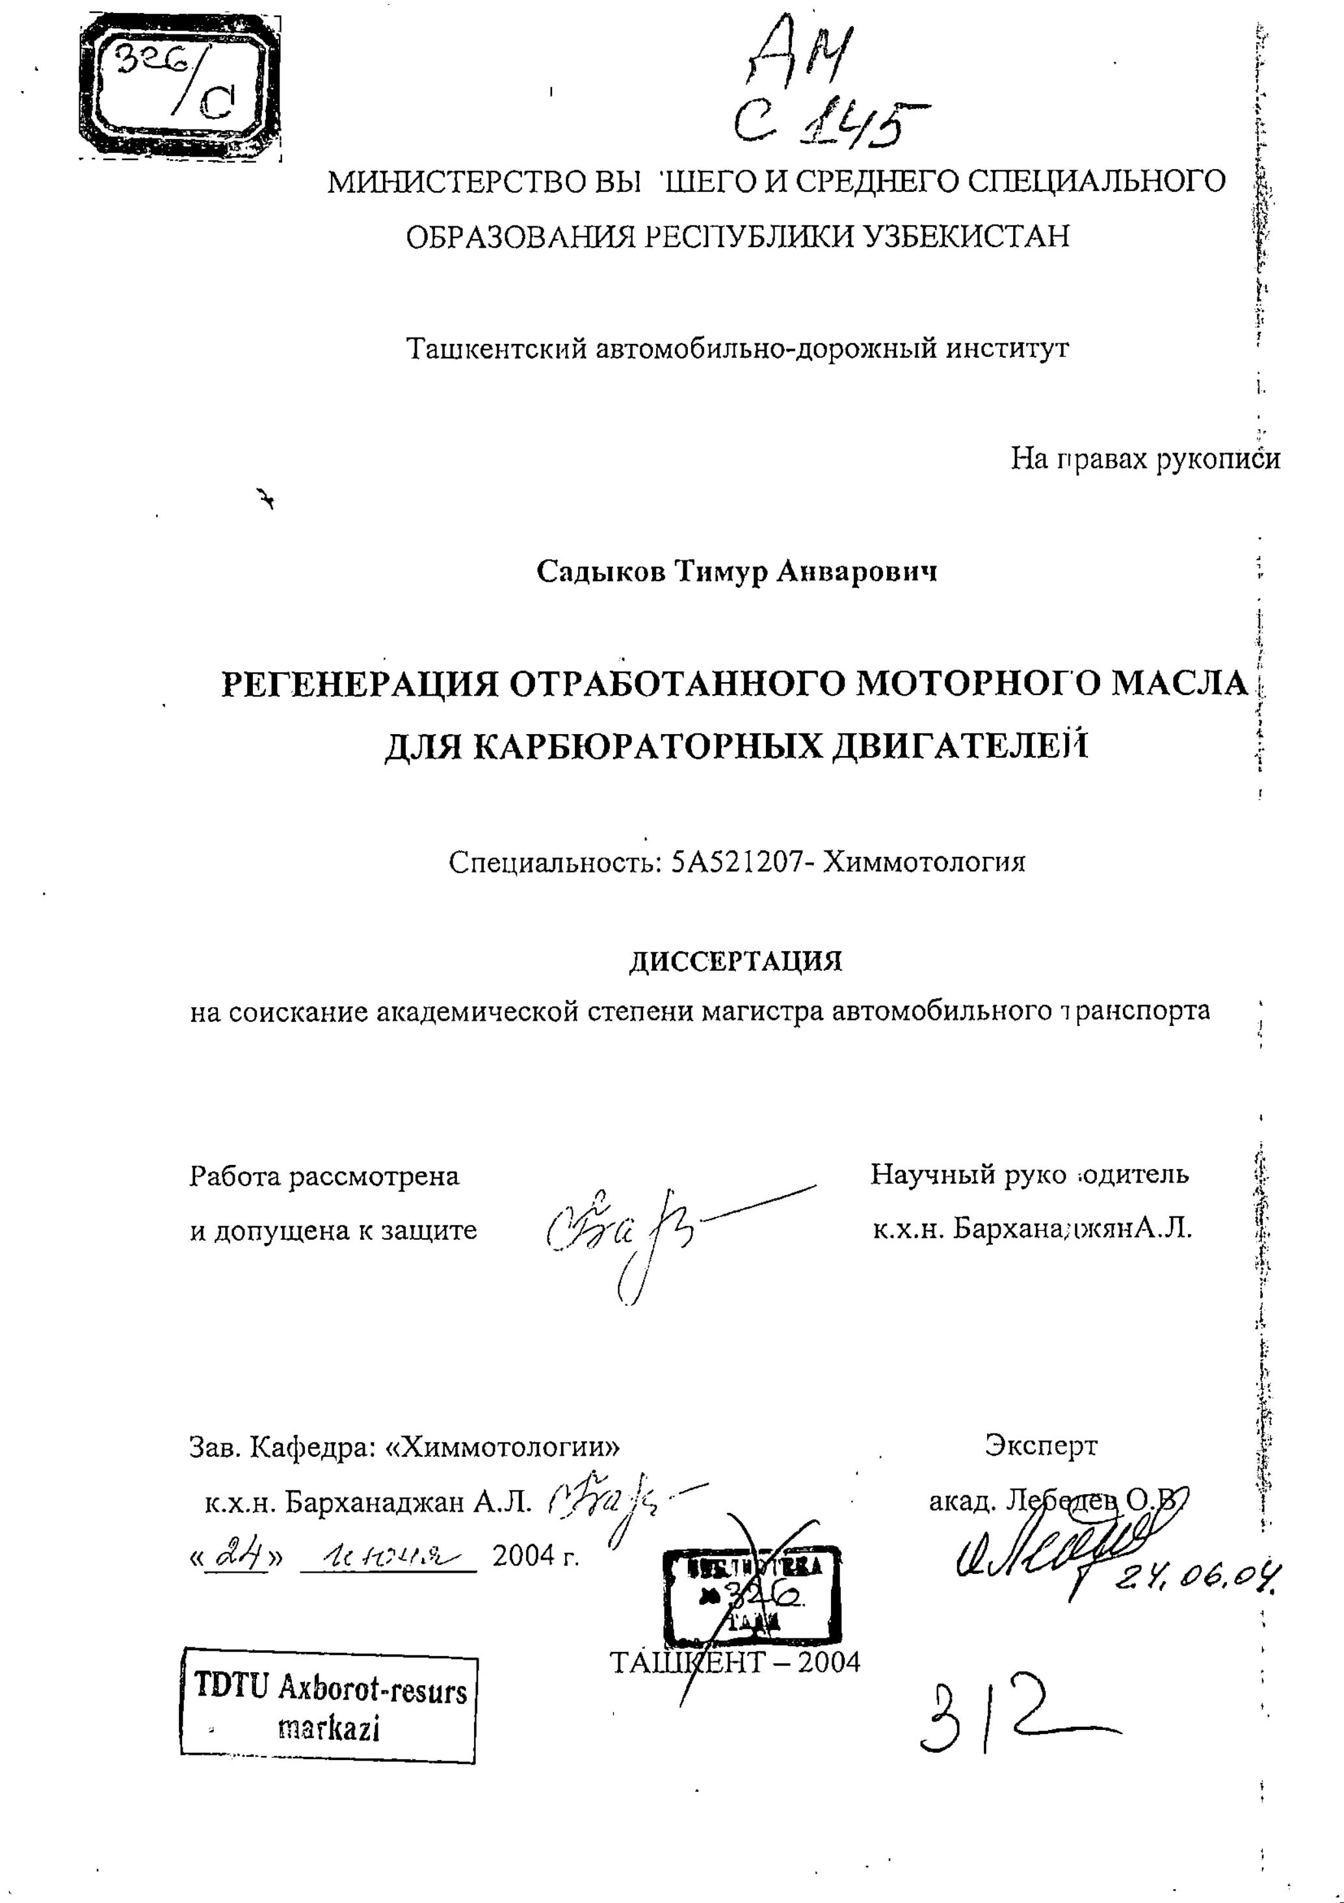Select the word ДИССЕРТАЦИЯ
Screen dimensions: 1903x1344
pyautogui.click(x=735, y=962)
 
